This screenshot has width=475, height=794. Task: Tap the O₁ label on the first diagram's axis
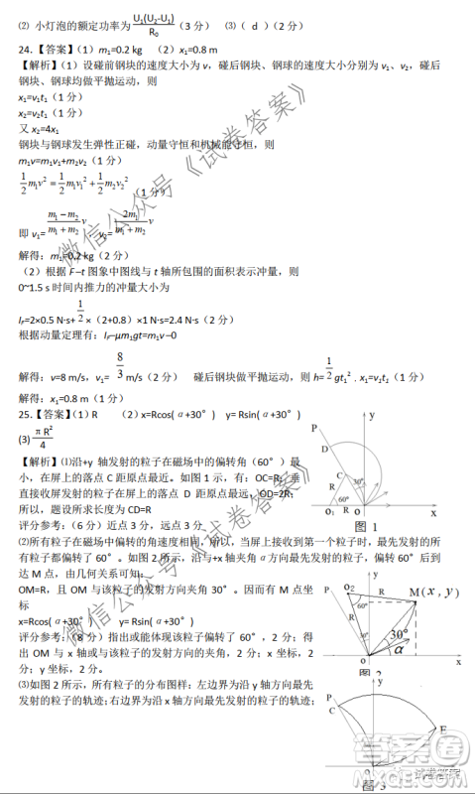coord(328,511)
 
